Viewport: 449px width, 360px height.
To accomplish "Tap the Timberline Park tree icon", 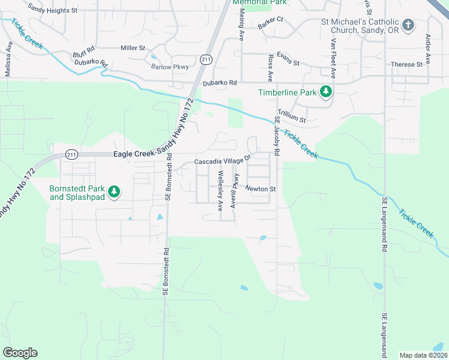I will pyautogui.click(x=326, y=92).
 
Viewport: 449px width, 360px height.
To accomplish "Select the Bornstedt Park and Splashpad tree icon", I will pyautogui.click(x=113, y=192).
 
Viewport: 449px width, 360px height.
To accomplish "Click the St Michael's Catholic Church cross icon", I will pyautogui.click(x=408, y=25).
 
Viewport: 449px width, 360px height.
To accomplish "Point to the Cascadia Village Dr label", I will pyautogui.click(x=221, y=162).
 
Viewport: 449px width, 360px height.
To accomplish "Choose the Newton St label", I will pyautogui.click(x=260, y=189).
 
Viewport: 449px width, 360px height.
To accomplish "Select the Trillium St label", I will pyautogui.click(x=292, y=120).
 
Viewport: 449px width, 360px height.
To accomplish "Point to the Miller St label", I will pyautogui.click(x=133, y=47).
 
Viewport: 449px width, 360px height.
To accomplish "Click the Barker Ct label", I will pyautogui.click(x=270, y=23).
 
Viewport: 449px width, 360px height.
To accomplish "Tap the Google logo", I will pyautogui.click(x=20, y=353).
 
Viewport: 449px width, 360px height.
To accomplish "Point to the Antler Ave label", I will pyautogui.click(x=428, y=49).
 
